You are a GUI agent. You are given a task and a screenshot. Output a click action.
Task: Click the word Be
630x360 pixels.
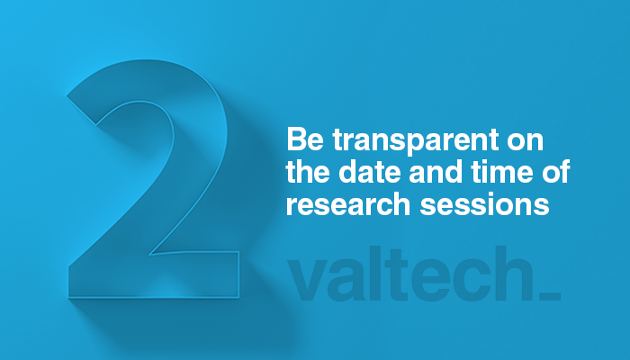pos(305,139)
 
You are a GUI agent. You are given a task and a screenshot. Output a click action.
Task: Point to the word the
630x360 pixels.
pos(308,171)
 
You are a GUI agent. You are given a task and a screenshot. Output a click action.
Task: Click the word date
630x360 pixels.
pos(370,171)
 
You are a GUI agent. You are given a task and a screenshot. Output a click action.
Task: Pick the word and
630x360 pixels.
pos(436,171)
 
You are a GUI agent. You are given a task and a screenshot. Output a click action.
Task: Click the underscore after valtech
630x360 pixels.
pos(549,297)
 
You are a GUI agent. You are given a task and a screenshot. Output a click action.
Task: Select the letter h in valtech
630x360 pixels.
pos(516,273)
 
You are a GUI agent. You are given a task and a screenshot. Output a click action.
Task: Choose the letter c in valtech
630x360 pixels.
pos(472,280)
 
